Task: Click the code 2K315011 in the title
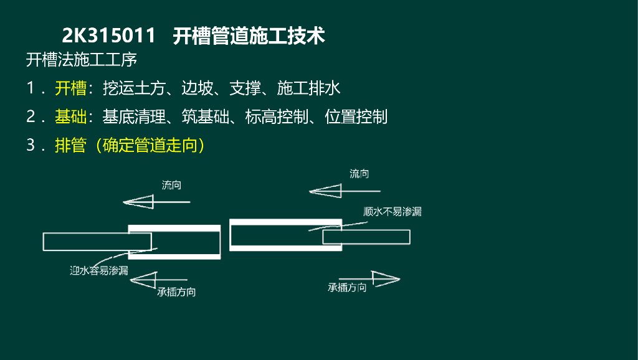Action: [x=108, y=36]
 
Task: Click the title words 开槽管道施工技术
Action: [x=249, y=36]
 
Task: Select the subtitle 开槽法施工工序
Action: [x=81, y=61]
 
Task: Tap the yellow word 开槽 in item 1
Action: [x=70, y=88]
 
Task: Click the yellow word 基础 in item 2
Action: [x=70, y=116]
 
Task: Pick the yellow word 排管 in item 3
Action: [x=70, y=145]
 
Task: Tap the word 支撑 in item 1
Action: [x=245, y=88]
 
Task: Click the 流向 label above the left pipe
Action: [x=171, y=185]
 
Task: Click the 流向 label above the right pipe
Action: [x=359, y=174]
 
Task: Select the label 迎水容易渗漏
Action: [x=99, y=270]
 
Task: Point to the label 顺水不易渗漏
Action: [x=393, y=212]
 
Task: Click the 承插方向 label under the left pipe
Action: [x=176, y=291]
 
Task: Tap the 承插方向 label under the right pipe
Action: [x=347, y=288]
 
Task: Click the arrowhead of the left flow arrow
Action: [x=138, y=202]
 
